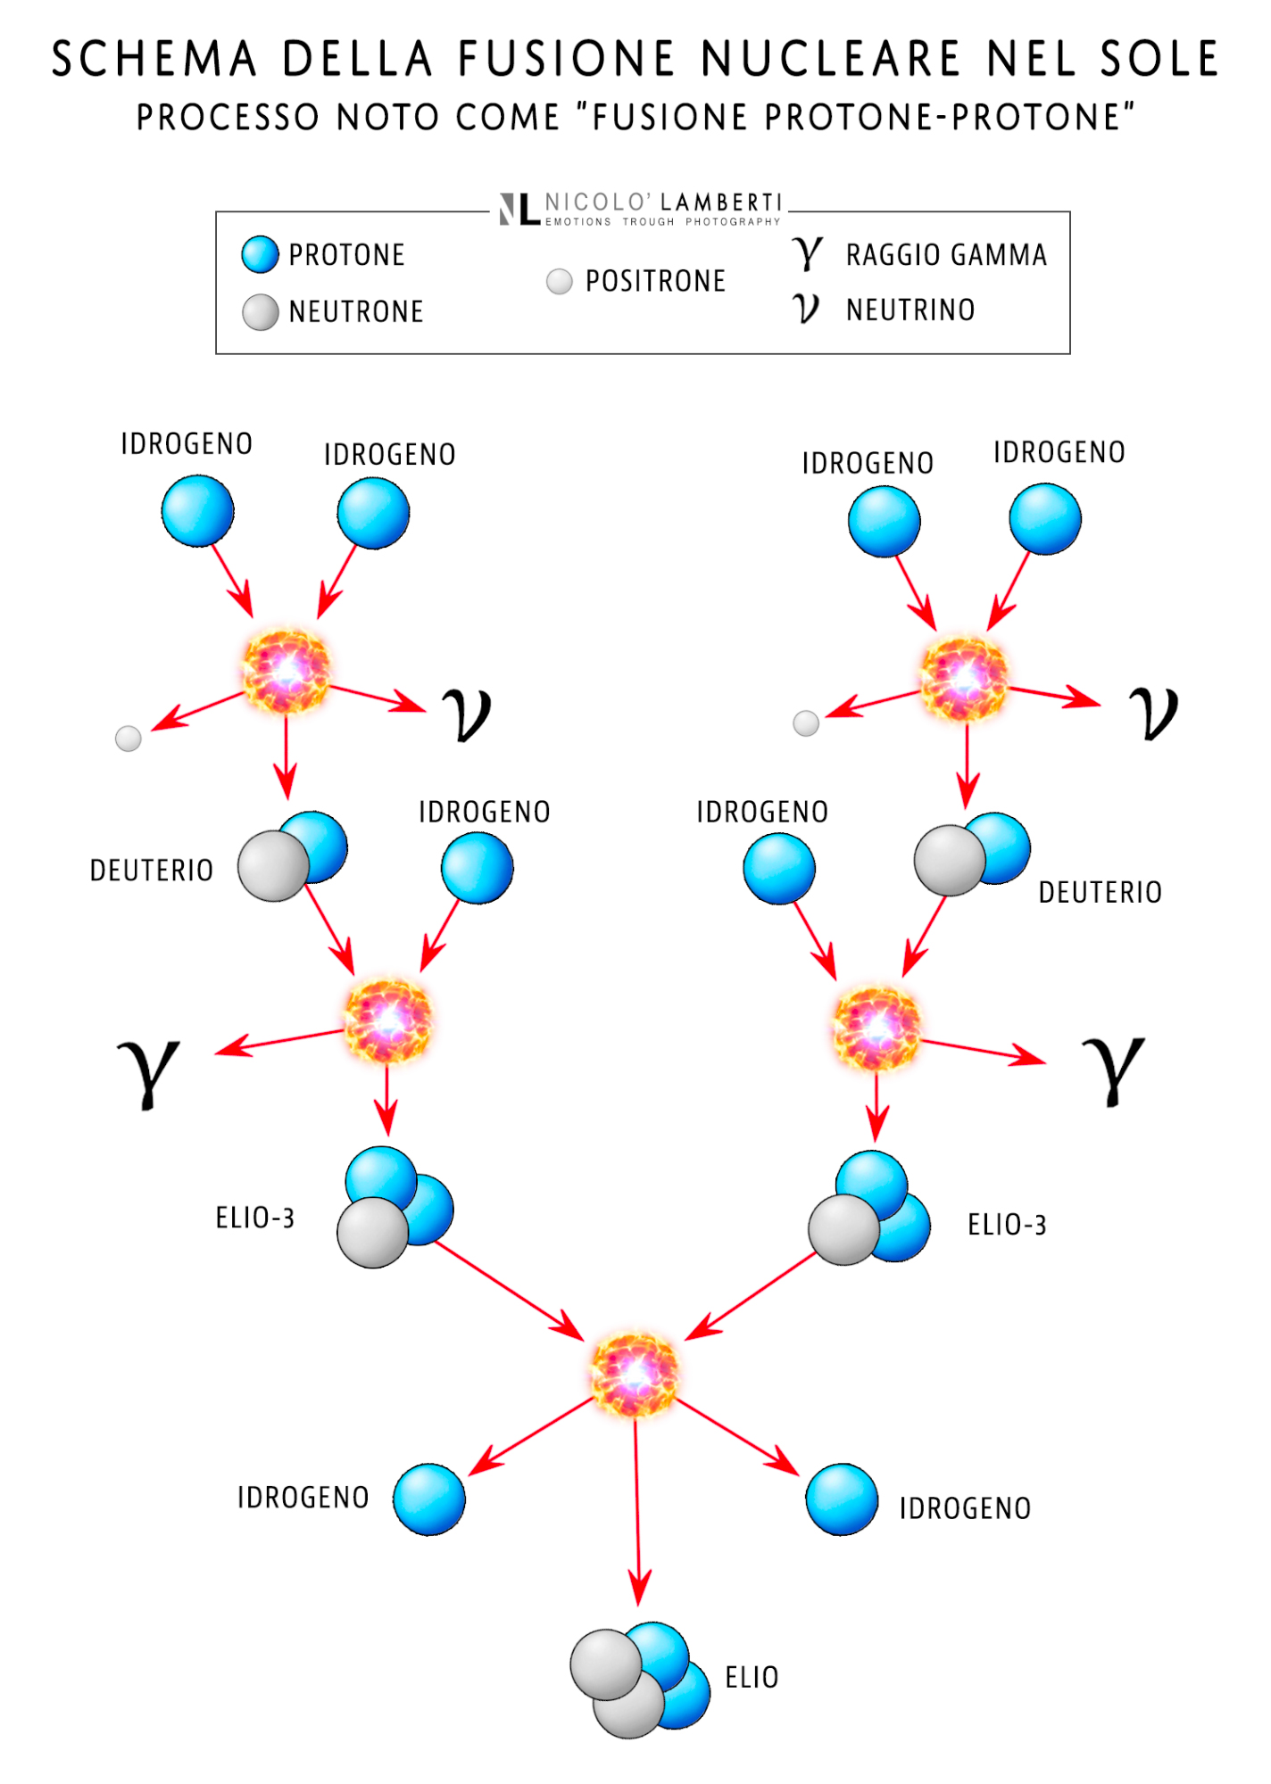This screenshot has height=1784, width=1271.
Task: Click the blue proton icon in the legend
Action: (x=260, y=254)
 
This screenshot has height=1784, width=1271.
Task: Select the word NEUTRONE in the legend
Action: (x=355, y=311)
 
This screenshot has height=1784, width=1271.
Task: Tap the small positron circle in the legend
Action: (x=559, y=282)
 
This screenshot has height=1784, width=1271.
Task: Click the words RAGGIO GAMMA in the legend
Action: (x=946, y=255)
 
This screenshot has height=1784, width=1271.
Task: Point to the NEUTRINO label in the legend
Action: (x=910, y=310)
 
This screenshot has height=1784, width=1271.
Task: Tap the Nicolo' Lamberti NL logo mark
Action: (x=519, y=210)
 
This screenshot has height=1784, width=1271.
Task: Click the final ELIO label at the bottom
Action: (x=752, y=1678)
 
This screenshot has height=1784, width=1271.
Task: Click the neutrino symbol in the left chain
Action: (x=467, y=714)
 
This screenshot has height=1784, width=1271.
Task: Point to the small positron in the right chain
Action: (x=806, y=723)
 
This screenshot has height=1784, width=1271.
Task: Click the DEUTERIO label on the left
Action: (x=152, y=871)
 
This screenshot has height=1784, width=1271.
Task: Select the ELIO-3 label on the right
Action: (x=1007, y=1225)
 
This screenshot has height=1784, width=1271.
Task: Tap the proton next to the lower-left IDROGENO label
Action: (x=429, y=1499)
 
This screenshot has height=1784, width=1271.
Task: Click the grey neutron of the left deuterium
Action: (x=272, y=866)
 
